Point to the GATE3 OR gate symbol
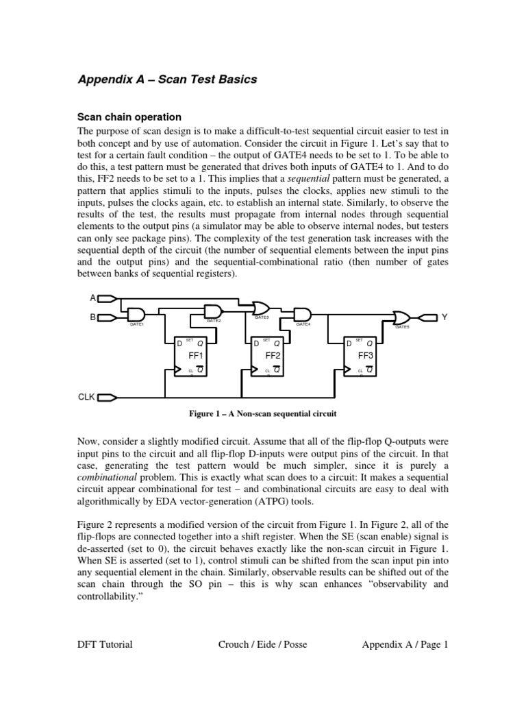coord(261,308)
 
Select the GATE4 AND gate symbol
coord(302,314)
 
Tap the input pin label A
coord(92,298)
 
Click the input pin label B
coord(92,317)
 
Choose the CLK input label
coord(86,397)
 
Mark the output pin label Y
coord(444,317)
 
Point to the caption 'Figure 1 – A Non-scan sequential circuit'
coord(262,414)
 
